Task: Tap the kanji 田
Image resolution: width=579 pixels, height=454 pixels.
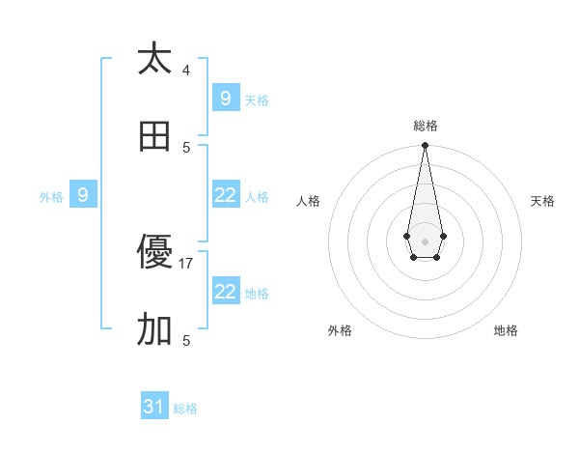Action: [154, 136]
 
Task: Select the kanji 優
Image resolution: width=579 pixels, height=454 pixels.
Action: [154, 254]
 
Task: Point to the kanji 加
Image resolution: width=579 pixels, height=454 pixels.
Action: [154, 330]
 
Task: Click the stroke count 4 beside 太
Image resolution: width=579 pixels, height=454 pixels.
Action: [186, 71]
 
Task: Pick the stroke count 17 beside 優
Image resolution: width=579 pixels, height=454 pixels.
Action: [186, 263]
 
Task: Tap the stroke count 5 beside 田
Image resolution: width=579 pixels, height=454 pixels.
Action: [186, 147]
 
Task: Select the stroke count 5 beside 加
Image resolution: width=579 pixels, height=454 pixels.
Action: [186, 340]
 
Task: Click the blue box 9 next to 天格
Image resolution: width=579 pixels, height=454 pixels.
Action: [226, 98]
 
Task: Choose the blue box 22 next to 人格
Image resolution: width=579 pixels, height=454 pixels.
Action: [226, 194]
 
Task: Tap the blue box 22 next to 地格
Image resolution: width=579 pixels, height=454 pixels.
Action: [226, 291]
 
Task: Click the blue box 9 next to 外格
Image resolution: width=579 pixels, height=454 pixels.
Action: [83, 194]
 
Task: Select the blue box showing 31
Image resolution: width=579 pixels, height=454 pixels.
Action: [154, 407]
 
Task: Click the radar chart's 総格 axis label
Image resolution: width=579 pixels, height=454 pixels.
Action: [426, 126]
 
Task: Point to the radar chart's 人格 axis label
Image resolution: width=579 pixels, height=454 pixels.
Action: [309, 201]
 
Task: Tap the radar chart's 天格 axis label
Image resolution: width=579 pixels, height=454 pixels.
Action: [542, 201]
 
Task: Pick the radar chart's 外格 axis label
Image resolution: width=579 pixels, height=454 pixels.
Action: [340, 330]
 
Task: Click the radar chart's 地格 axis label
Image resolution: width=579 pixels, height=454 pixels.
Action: [506, 330]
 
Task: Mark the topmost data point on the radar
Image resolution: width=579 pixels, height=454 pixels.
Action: [425, 146]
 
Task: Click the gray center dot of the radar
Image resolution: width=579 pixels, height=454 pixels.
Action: [425, 240]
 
